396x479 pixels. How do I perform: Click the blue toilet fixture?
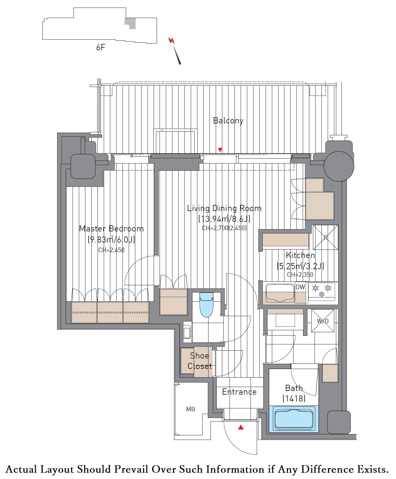click(x=207, y=304)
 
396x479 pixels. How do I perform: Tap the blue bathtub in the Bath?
click(x=294, y=419)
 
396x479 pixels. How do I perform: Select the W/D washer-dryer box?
click(x=322, y=321)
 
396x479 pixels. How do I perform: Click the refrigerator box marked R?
click(x=325, y=237)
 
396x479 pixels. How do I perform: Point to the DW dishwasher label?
click(x=300, y=287)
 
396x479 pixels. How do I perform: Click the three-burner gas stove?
click(x=322, y=291)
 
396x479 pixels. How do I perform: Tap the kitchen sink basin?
click(x=280, y=294)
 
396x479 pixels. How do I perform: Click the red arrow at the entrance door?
click(x=241, y=427)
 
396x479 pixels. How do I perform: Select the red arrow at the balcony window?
click(x=220, y=150)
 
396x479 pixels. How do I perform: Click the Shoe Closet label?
click(x=199, y=361)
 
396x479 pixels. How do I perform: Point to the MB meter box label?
click(x=190, y=409)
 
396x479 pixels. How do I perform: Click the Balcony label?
click(x=228, y=121)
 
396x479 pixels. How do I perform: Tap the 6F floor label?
click(x=100, y=47)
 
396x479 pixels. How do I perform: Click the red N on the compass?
click(x=171, y=41)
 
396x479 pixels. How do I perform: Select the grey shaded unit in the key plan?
click(x=130, y=23)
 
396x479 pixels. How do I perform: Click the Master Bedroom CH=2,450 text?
click(x=111, y=250)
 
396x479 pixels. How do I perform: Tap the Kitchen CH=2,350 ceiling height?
click(x=300, y=274)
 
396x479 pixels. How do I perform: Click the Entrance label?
click(x=239, y=392)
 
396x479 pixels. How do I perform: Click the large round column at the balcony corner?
click(x=339, y=166)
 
